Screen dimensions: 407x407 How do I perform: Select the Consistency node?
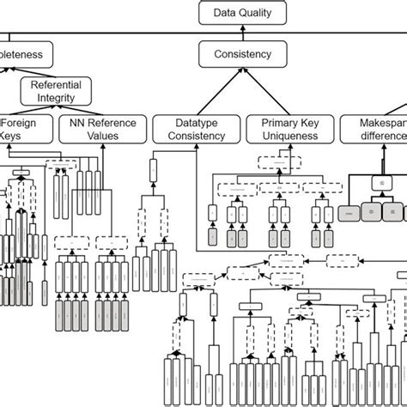click(241, 54)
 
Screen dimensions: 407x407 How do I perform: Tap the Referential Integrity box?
click(56, 92)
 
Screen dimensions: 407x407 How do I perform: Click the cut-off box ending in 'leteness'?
click(27, 54)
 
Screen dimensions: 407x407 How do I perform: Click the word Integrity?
click(56, 99)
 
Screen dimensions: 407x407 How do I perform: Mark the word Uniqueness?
click(284, 136)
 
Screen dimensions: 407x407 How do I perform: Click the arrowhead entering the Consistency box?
click(241, 70)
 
